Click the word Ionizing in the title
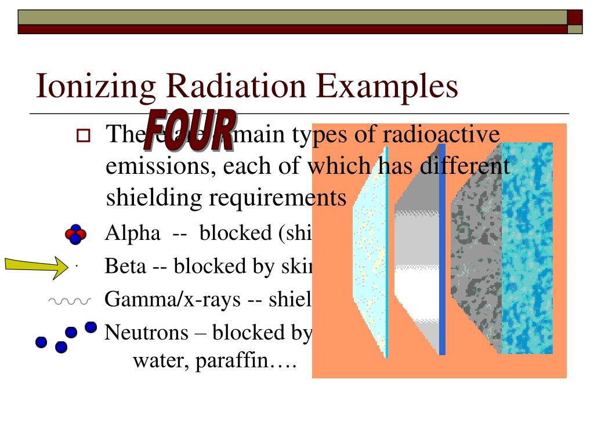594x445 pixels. click(x=95, y=86)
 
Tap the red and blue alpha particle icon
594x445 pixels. click(x=75, y=234)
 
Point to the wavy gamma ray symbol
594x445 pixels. click(x=69, y=301)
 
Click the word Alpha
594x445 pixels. click(x=132, y=233)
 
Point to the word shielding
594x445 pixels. click(x=154, y=198)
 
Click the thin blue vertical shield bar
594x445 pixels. click(x=442, y=249)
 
